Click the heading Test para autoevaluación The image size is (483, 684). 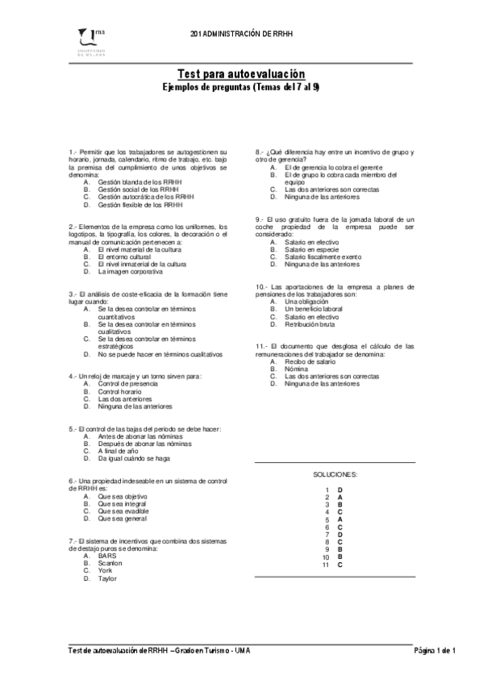pyautogui.click(x=241, y=73)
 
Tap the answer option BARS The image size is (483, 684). pyautogui.click(x=106, y=556)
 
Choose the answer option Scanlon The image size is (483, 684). pyautogui.click(x=110, y=563)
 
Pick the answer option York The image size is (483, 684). pyautogui.click(x=105, y=571)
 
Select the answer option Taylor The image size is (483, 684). pyautogui.click(x=107, y=578)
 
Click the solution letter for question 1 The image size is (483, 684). pyautogui.click(x=340, y=490)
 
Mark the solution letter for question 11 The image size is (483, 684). pyautogui.click(x=340, y=565)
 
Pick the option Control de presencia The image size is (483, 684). pyautogui.click(x=127, y=384)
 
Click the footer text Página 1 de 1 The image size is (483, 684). pyautogui.click(x=435, y=650)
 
